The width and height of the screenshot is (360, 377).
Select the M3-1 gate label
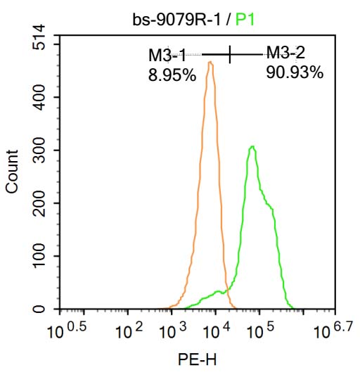[x=167, y=55]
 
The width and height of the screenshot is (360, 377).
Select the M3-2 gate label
[x=285, y=52]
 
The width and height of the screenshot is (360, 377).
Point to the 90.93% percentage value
[x=295, y=72]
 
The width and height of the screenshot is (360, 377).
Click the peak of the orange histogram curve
[x=210, y=63]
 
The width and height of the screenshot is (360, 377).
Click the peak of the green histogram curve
[x=252, y=146]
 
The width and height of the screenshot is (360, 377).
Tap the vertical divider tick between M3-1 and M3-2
[x=230, y=53]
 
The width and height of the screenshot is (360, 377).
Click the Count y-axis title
[x=12, y=172]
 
